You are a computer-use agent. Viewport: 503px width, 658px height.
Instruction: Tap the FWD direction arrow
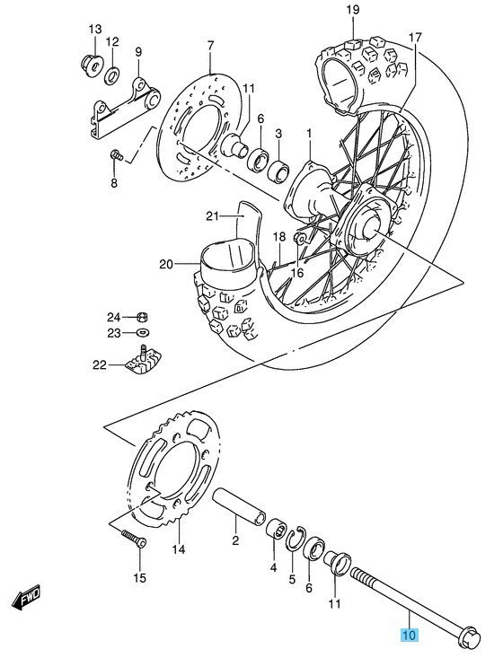(x=27, y=596)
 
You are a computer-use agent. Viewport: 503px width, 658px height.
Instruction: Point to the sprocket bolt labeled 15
(x=134, y=539)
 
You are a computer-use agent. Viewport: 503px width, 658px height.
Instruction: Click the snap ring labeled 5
(x=296, y=538)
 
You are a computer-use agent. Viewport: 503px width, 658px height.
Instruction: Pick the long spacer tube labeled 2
(x=239, y=506)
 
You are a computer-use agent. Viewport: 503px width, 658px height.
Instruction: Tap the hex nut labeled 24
(x=143, y=317)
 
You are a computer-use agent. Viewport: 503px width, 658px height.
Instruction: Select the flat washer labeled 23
(x=143, y=333)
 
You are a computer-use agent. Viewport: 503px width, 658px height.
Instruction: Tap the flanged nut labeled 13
(x=93, y=66)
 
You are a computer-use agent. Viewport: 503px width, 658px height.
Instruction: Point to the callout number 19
(x=353, y=10)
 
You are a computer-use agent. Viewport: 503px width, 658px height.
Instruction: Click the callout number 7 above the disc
(x=210, y=45)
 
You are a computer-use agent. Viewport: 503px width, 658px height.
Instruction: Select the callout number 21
(x=213, y=216)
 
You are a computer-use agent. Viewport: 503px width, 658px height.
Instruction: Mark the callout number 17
(x=414, y=38)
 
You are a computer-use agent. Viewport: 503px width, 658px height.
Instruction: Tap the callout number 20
(x=166, y=264)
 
